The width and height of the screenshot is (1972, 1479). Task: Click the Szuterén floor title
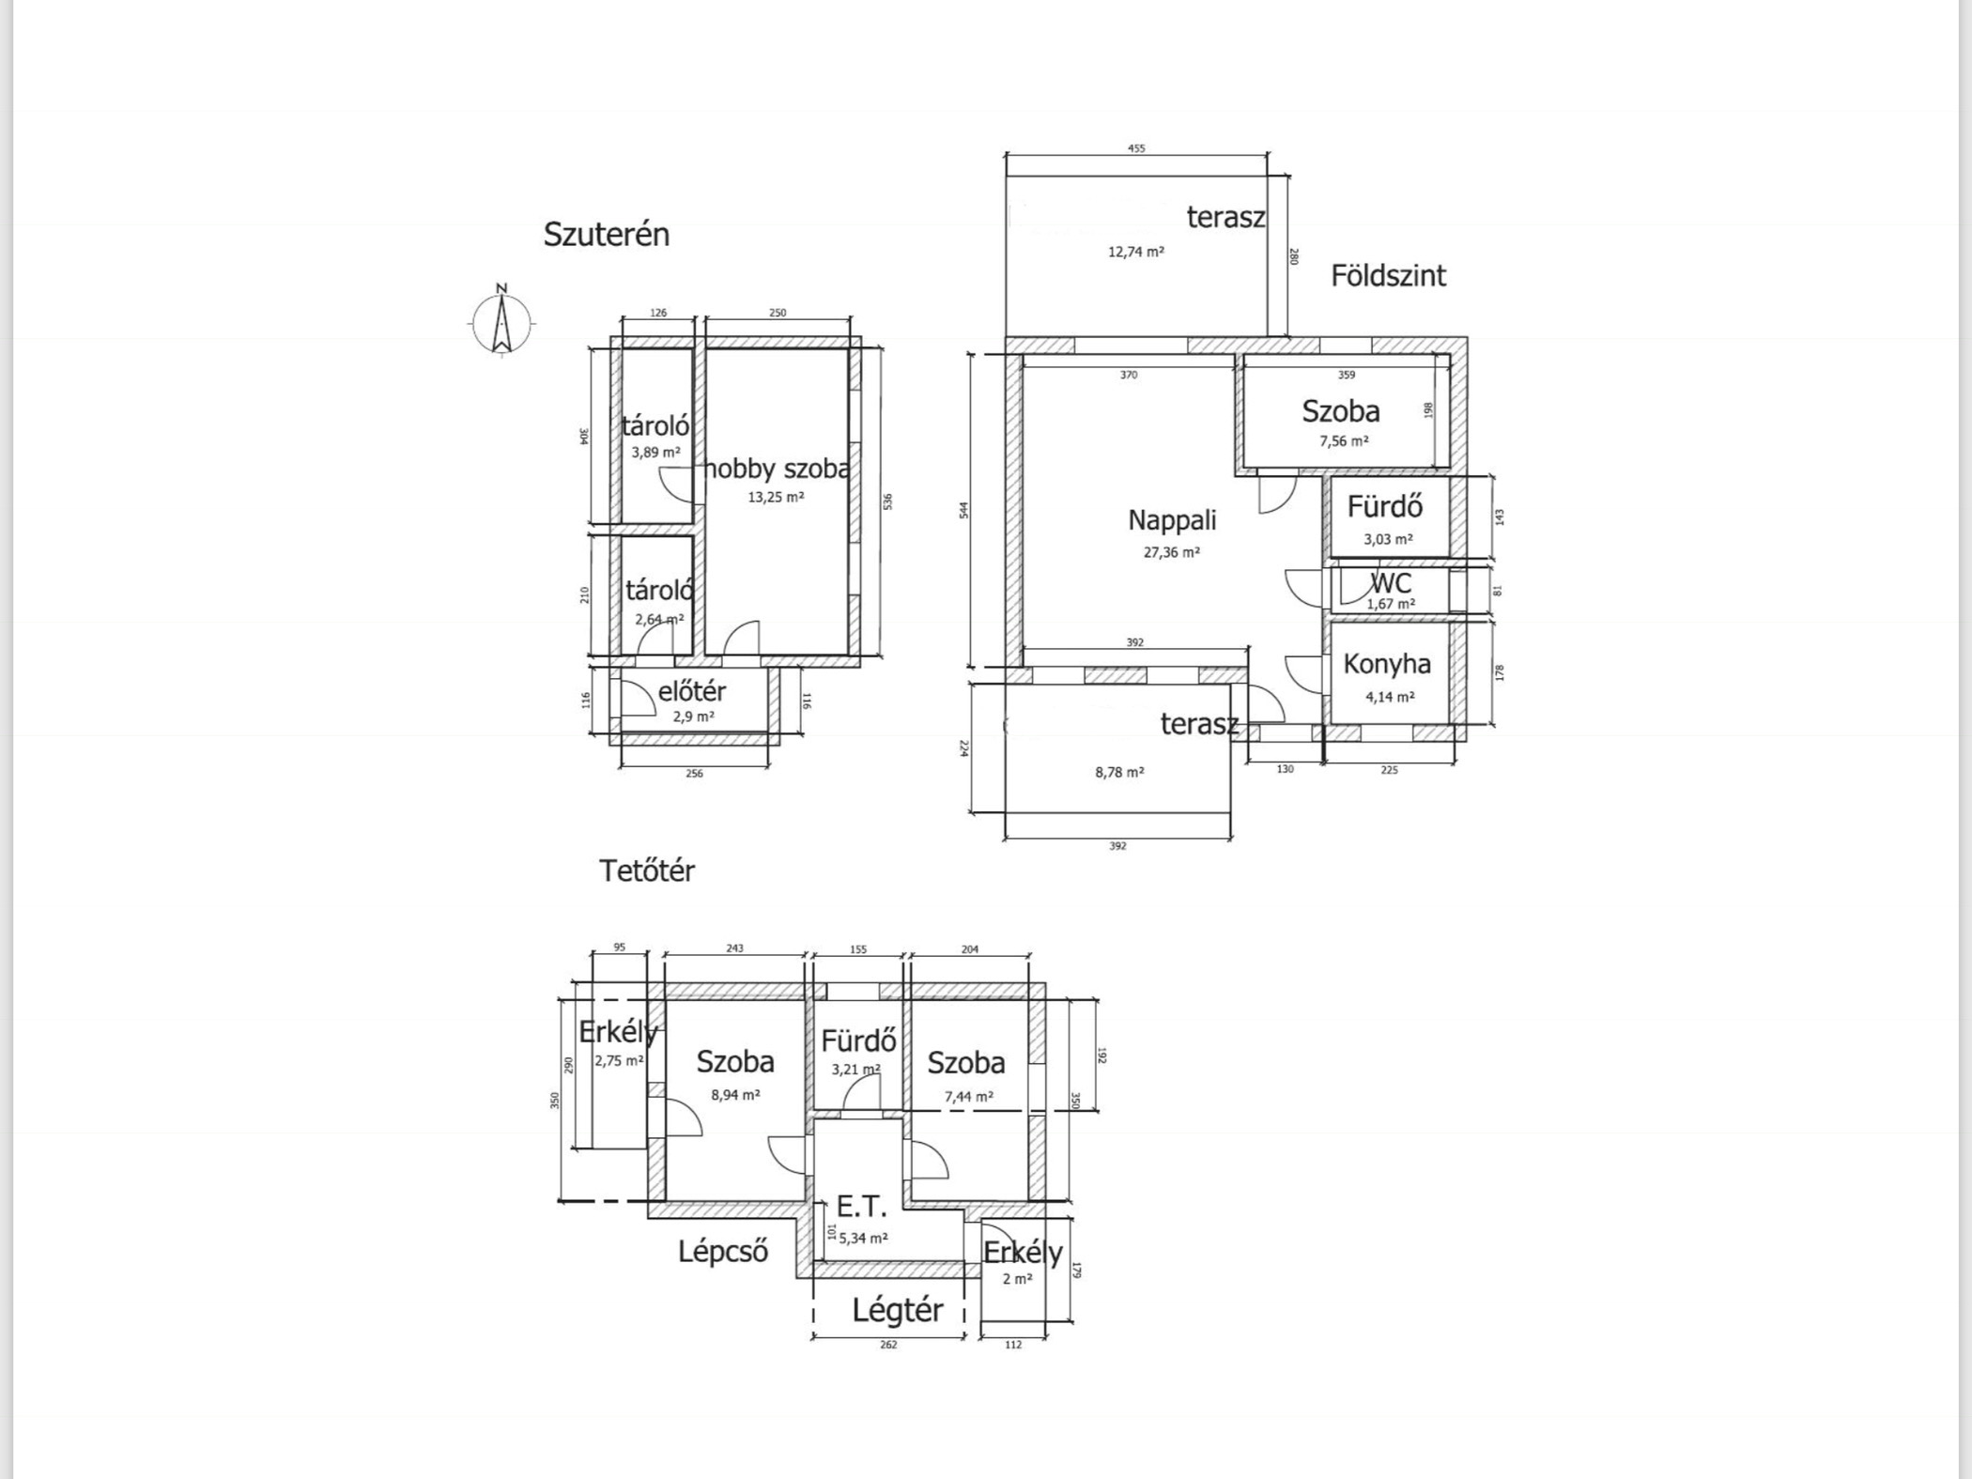pos(607,234)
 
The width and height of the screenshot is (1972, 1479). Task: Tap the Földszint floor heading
pos(1389,275)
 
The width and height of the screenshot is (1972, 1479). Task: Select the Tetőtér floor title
pos(647,870)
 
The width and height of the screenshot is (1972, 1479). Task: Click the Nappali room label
pos(1172,520)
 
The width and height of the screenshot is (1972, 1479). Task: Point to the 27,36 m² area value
pos(1171,552)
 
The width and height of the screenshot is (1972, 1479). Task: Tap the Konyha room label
pos(1387,664)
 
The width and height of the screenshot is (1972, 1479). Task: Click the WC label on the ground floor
pos(1391,583)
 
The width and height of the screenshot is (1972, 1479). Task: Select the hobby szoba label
pos(777,469)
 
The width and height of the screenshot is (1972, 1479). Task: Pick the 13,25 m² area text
pos(776,497)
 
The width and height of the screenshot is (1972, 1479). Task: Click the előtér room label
pos(692,691)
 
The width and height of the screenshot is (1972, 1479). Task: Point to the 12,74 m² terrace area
pos(1136,252)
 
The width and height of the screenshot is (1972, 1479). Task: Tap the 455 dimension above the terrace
pos(1136,147)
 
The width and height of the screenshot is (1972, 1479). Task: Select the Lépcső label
pos(723,1252)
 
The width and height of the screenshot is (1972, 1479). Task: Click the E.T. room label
pos(861,1206)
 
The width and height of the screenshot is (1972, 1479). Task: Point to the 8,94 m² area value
pos(735,1094)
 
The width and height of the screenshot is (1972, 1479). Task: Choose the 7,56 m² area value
pos(1344,440)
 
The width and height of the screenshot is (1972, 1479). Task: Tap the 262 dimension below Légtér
pos(888,1345)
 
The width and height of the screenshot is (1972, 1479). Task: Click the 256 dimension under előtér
pos(694,773)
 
